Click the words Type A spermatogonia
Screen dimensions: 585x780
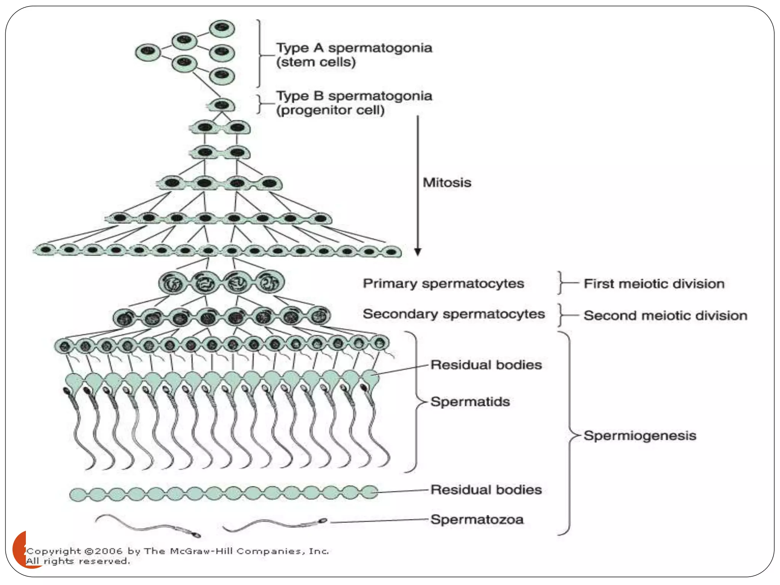(x=354, y=48)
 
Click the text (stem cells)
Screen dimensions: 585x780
(x=316, y=62)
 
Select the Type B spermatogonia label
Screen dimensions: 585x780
(x=354, y=96)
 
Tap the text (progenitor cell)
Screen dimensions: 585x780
(x=330, y=110)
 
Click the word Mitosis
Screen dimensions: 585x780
(x=447, y=182)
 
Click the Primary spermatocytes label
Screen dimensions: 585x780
(x=443, y=283)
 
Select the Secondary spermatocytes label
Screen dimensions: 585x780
(x=454, y=314)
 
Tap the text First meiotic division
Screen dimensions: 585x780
(x=654, y=284)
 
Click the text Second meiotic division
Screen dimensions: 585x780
(x=665, y=315)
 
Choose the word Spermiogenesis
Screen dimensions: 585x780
(x=640, y=435)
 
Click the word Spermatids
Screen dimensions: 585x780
(x=470, y=401)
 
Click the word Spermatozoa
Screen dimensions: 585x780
(x=477, y=519)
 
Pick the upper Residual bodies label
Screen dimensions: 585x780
(x=486, y=365)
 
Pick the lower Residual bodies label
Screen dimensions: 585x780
(x=486, y=490)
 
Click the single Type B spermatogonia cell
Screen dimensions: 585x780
(x=221, y=105)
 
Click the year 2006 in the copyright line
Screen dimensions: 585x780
(x=109, y=551)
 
